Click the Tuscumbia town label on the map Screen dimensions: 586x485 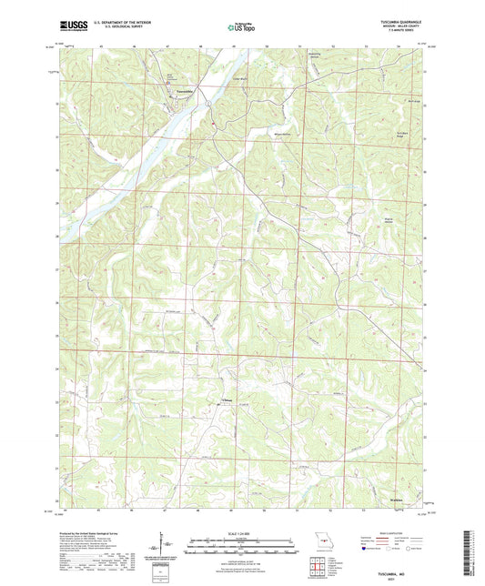(x=184, y=92)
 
